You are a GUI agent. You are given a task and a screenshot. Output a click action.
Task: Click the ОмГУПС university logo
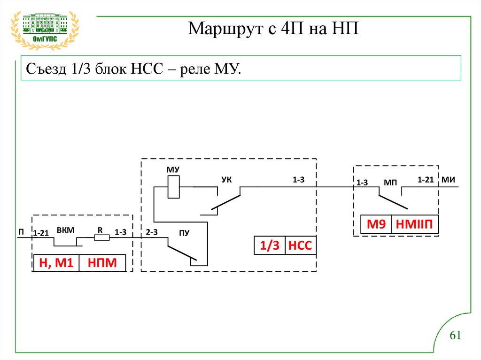45,30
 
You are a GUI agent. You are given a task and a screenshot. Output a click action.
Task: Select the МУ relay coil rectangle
174,186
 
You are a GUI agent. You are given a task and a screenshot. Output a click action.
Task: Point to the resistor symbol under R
102,238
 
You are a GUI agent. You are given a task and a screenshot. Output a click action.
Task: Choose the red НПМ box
102,263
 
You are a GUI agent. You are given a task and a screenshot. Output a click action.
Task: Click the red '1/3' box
270,245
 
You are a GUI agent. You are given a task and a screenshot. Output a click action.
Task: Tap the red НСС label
300,245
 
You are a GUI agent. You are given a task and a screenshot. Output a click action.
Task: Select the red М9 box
376,224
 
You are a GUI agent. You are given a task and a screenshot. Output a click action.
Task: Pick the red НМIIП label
415,224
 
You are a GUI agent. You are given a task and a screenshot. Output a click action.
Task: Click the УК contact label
227,180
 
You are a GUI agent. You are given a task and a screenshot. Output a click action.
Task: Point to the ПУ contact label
184,233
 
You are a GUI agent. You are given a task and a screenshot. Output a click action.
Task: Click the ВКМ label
66,230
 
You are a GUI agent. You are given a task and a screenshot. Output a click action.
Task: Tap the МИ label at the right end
449,180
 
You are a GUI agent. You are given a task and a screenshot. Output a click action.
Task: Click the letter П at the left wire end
21,232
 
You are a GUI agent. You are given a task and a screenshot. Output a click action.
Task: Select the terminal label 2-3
152,232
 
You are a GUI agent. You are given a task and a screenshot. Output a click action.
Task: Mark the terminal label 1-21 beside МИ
426,180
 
